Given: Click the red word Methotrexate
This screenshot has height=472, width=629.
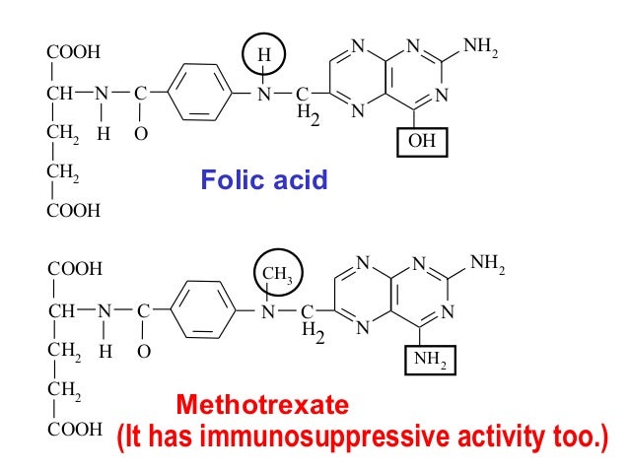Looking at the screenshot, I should (x=261, y=404).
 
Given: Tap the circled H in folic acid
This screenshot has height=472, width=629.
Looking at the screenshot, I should (x=263, y=56).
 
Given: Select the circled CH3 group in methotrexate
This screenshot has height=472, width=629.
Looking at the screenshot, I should (x=280, y=273).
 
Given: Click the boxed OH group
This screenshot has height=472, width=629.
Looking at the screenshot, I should (x=422, y=142).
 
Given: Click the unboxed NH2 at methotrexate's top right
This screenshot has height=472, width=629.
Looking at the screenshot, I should (x=487, y=264).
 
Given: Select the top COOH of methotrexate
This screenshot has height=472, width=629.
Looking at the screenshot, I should (x=74, y=268).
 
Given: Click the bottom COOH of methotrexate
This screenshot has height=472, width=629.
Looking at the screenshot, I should (x=74, y=430).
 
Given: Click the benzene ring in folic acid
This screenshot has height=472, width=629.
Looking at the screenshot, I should (x=200, y=94).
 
